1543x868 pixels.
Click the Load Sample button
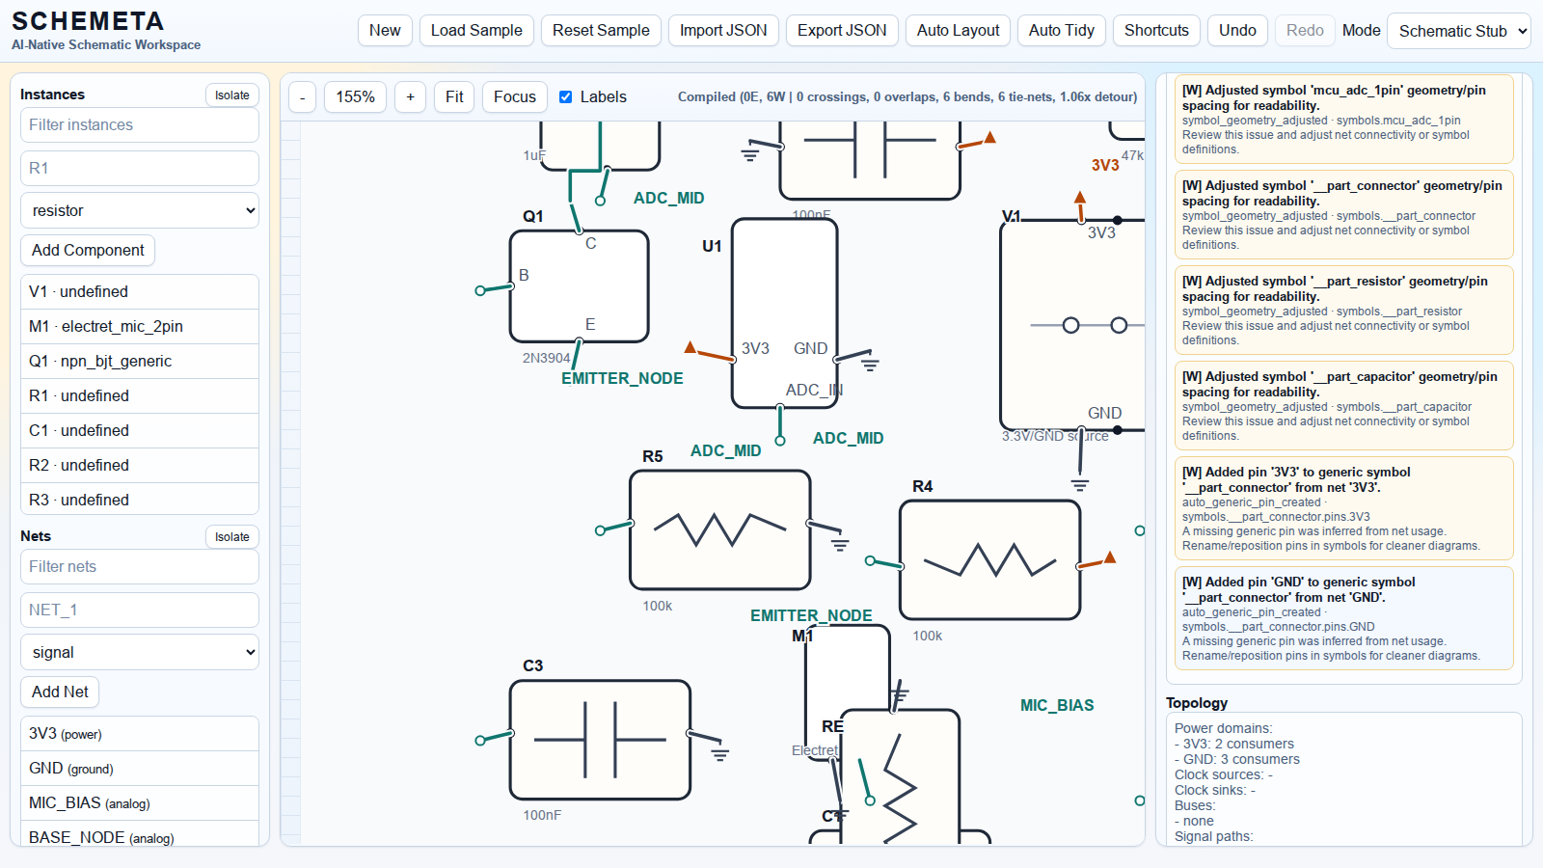[x=476, y=31]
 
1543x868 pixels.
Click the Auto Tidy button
[x=1061, y=31]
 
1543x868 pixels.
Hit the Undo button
[x=1236, y=31]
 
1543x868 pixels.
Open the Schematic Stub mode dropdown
[x=1458, y=31]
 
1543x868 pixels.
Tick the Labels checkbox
[x=566, y=96]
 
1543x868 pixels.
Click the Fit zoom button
[x=454, y=96]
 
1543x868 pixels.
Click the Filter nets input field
[x=139, y=566]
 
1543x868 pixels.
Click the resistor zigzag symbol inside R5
[x=719, y=529]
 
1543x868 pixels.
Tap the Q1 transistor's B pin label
[x=524, y=275]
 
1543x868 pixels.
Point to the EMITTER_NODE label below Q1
[x=622, y=378]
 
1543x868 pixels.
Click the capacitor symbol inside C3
[x=600, y=740]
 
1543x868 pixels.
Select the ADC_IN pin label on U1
[x=814, y=390]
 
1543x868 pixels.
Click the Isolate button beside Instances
[x=231, y=95]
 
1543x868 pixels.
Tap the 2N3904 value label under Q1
[x=546, y=358]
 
